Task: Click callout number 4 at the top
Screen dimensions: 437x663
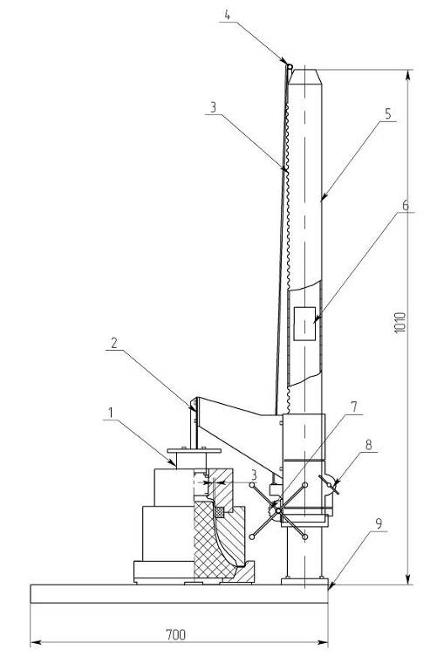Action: tap(227, 15)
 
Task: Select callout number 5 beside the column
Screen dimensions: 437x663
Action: tap(387, 114)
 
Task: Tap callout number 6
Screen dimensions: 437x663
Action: tap(406, 206)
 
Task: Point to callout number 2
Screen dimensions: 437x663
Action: tap(113, 343)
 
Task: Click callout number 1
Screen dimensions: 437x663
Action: tap(111, 412)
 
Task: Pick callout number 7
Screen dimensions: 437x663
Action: tap(354, 407)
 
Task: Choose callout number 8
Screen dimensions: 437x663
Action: tap(369, 444)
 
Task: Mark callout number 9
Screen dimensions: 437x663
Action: tap(379, 523)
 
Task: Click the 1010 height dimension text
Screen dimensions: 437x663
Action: tap(399, 323)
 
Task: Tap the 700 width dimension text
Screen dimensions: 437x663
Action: tap(175, 634)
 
